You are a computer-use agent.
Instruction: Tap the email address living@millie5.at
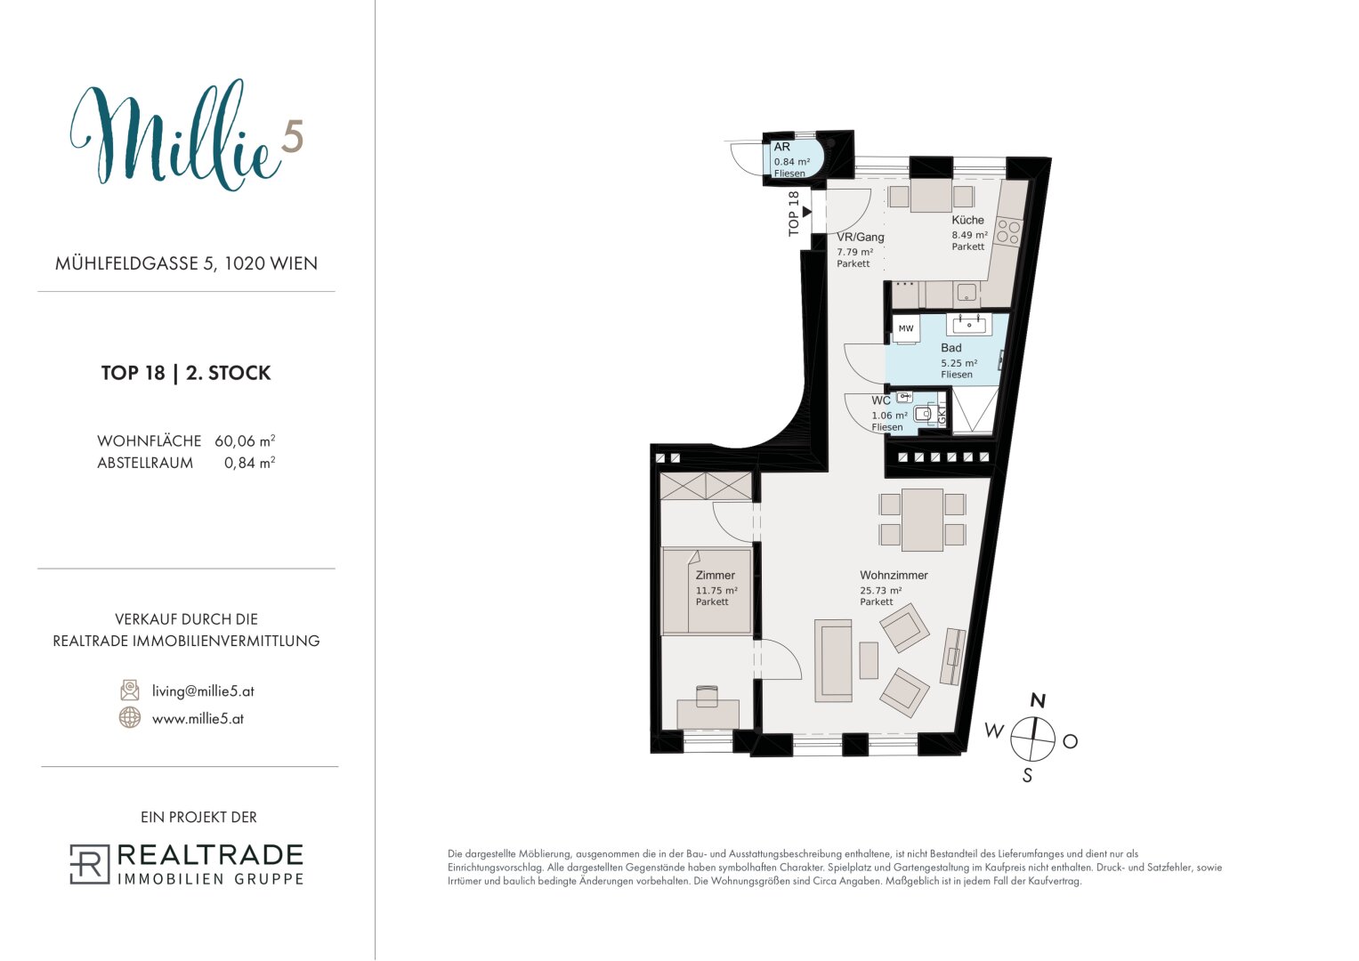coord(203,691)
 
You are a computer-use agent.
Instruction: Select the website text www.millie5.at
coord(198,719)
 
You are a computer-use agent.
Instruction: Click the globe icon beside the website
coord(130,718)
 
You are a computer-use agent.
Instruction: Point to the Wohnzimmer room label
coord(894,575)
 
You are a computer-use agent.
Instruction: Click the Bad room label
coord(950,348)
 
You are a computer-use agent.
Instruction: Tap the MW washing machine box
coord(906,329)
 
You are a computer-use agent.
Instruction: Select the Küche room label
coord(967,221)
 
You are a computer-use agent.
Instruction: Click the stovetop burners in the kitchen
coord(1009,232)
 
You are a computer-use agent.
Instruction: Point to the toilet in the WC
coord(923,414)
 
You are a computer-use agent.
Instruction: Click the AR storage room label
coord(782,147)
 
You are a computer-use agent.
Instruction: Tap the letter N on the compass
coord(1038,701)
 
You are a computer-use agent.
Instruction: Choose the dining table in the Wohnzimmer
coord(922,520)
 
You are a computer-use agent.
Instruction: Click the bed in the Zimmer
coord(707,591)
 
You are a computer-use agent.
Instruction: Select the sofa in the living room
coord(834,660)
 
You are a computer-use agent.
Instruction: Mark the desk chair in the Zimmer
coord(707,696)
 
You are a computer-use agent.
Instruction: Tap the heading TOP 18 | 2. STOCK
coord(186,373)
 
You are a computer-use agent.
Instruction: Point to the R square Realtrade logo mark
coord(90,864)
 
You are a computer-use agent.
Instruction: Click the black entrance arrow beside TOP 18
coord(807,212)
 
